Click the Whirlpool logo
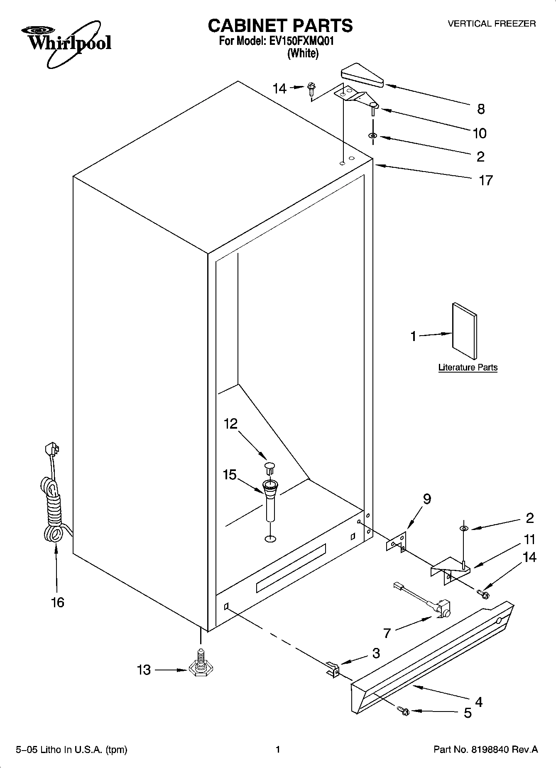(66, 44)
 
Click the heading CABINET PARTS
(280, 26)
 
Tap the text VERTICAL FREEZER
(491, 24)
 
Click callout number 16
(58, 602)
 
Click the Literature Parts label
(468, 368)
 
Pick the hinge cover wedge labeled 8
(361, 76)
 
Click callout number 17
(485, 180)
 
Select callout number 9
(427, 499)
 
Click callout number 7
(387, 633)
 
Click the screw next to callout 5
(404, 712)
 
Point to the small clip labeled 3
(333, 668)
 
